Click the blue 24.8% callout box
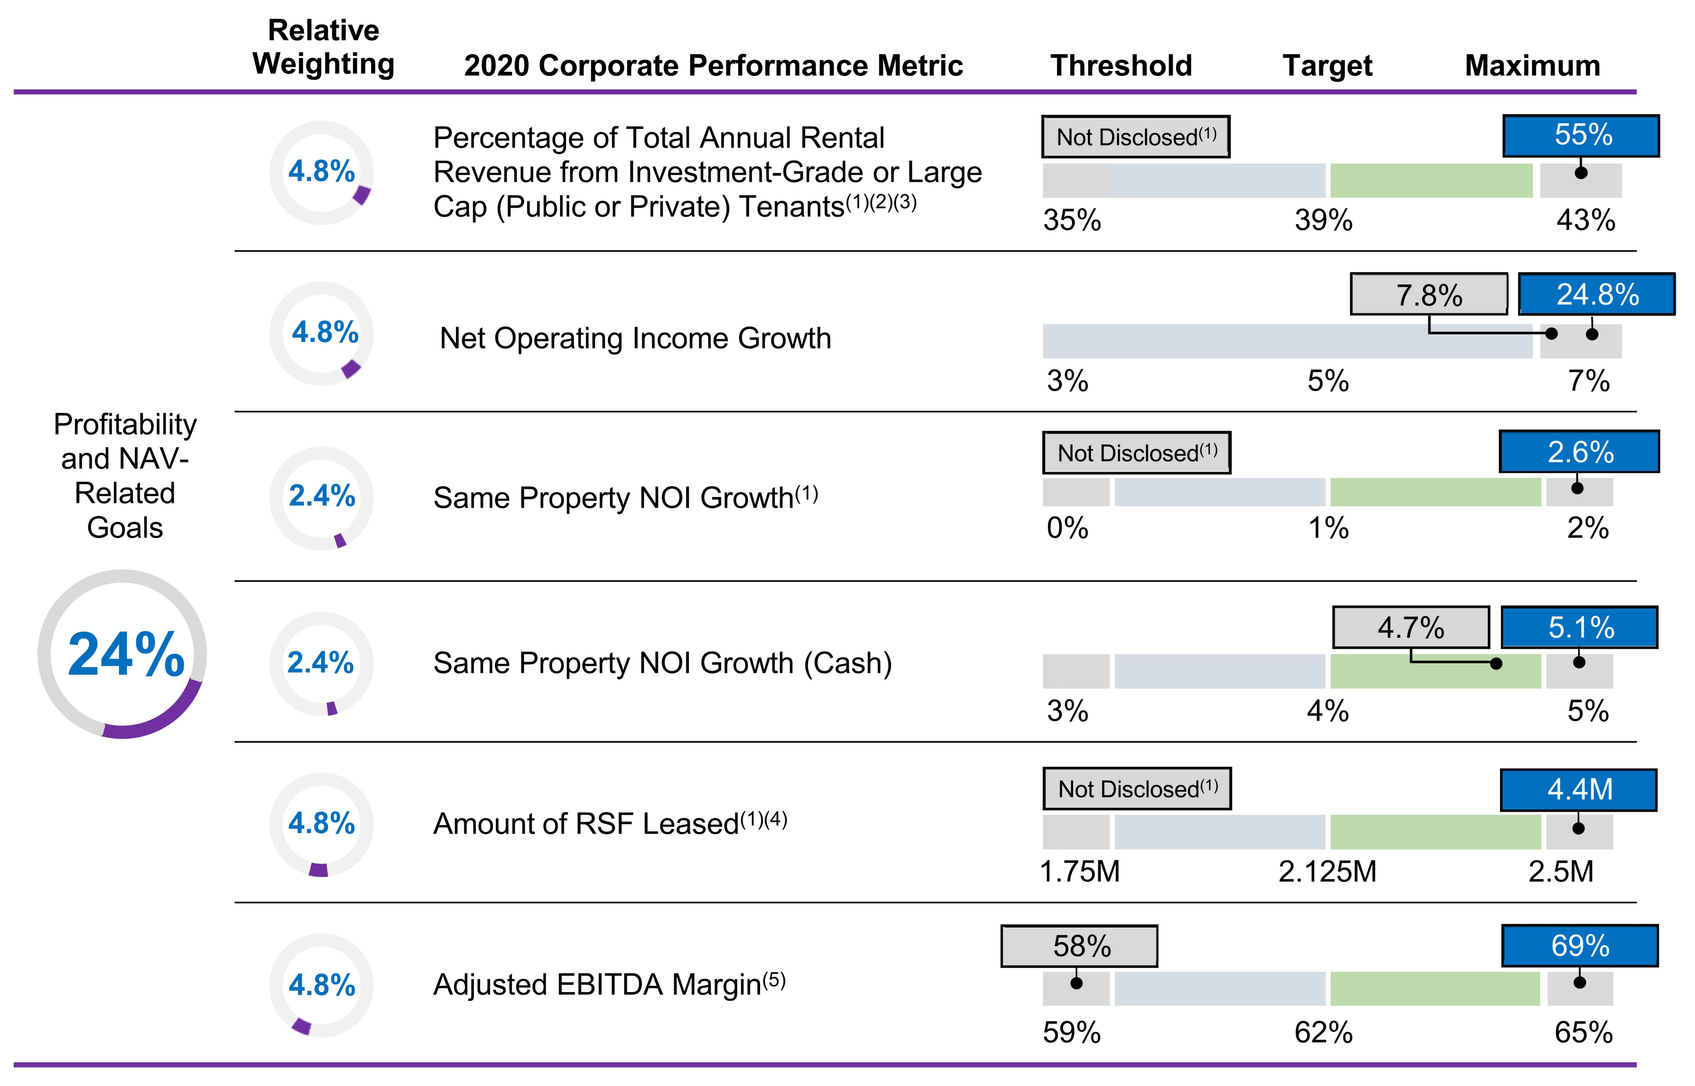pyautogui.click(x=1596, y=294)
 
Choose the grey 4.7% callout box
pyautogui.click(x=1411, y=627)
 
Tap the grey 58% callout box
pyautogui.click(x=1079, y=946)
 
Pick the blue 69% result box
pyautogui.click(x=1579, y=946)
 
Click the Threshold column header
pyautogui.click(x=1121, y=66)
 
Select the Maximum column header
pyautogui.click(x=1532, y=66)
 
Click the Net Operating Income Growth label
pyautogui.click(x=635, y=338)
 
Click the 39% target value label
pyautogui.click(x=1323, y=221)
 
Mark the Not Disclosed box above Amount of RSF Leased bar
pyautogui.click(x=1137, y=788)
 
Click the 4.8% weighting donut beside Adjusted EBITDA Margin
pyautogui.click(x=322, y=985)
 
